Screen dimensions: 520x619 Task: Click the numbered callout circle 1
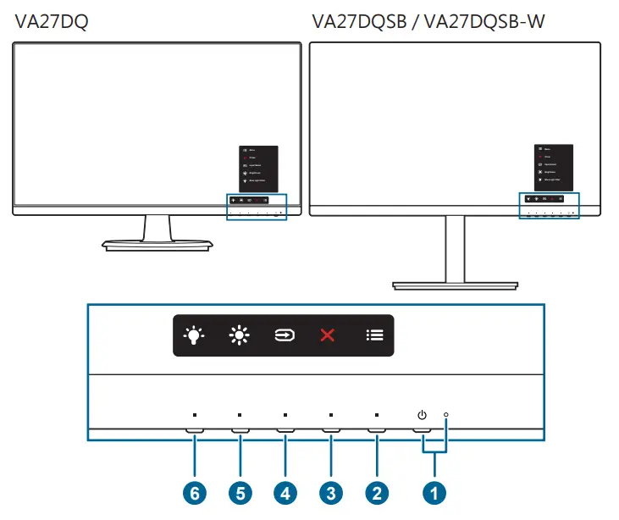(x=434, y=492)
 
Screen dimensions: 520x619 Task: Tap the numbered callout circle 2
(x=377, y=492)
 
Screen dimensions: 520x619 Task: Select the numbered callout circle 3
(x=331, y=492)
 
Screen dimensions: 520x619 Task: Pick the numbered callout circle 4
(x=285, y=492)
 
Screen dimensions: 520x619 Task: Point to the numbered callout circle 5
(x=240, y=492)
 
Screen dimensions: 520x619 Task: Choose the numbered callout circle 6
(x=194, y=492)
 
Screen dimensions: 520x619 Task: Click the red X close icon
(x=328, y=335)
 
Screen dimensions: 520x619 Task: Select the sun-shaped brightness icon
(x=238, y=335)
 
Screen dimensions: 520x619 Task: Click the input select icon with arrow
(x=284, y=335)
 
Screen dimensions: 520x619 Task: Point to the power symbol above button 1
(x=422, y=415)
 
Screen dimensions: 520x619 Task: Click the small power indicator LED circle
(x=445, y=415)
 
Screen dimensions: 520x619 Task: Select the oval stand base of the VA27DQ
(x=156, y=245)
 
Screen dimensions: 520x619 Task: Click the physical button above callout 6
(x=194, y=431)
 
